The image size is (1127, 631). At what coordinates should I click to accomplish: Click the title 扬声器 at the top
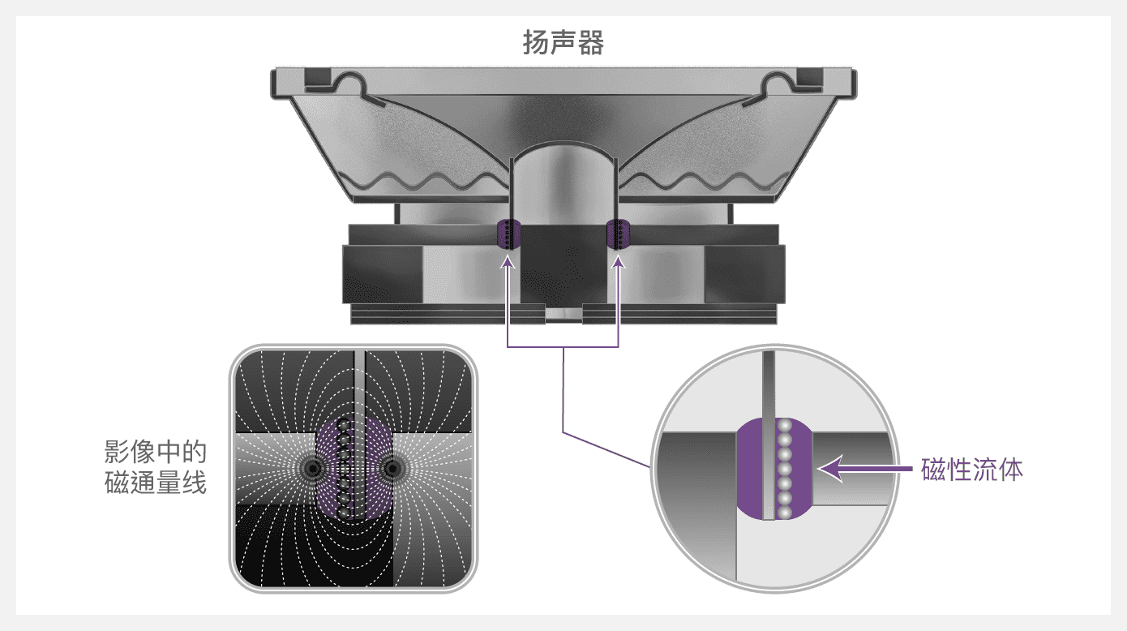click(x=563, y=42)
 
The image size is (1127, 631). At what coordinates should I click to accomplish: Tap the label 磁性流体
click(x=972, y=470)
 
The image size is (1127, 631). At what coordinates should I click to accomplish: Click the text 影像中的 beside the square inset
click(x=156, y=452)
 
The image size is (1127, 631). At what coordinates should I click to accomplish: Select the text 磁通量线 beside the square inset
click(x=156, y=483)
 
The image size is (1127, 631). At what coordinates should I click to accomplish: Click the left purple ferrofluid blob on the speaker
click(x=508, y=234)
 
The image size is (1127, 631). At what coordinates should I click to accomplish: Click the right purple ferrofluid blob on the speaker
click(x=619, y=234)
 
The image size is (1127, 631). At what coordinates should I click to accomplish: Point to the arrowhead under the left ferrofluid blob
click(x=508, y=262)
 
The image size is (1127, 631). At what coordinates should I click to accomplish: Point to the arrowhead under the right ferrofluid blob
click(x=619, y=262)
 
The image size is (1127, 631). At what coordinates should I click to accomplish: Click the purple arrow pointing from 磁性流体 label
click(x=864, y=469)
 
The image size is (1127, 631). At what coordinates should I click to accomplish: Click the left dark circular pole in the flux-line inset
click(x=313, y=469)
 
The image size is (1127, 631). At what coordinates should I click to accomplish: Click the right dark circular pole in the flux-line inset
click(x=392, y=469)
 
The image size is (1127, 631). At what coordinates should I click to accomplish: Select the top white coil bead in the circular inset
click(x=784, y=426)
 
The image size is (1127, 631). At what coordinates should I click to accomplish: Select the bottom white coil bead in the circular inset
click(x=784, y=513)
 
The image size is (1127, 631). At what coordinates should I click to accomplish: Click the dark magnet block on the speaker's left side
click(x=383, y=275)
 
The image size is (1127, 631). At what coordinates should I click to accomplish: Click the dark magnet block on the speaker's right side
click(x=744, y=275)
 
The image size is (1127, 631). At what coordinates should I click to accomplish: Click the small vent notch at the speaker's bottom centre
click(x=563, y=314)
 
